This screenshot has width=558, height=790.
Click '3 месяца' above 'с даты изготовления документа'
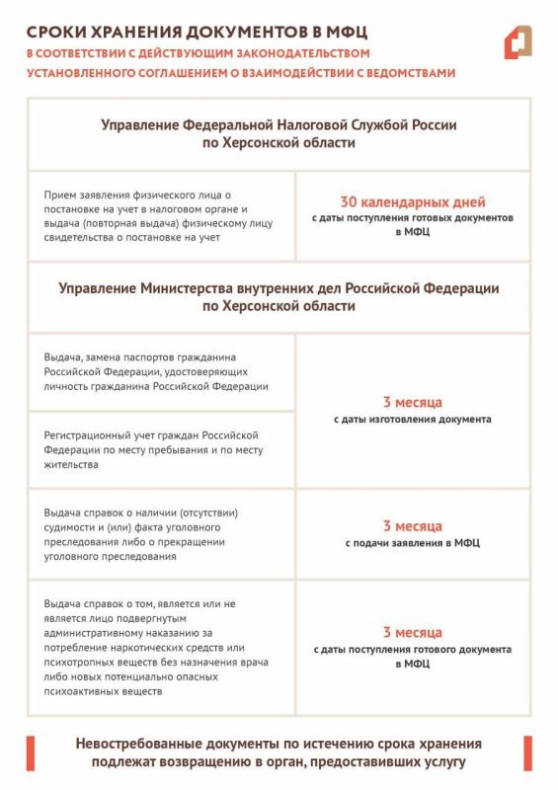point(412,402)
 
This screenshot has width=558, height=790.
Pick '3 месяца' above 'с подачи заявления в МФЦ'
point(412,526)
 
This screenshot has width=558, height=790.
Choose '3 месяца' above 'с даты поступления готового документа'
point(412,632)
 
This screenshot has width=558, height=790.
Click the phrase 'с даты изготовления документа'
point(412,420)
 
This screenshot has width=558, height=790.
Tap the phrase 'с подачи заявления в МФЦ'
point(412,543)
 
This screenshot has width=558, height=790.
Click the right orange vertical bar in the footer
point(528,752)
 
